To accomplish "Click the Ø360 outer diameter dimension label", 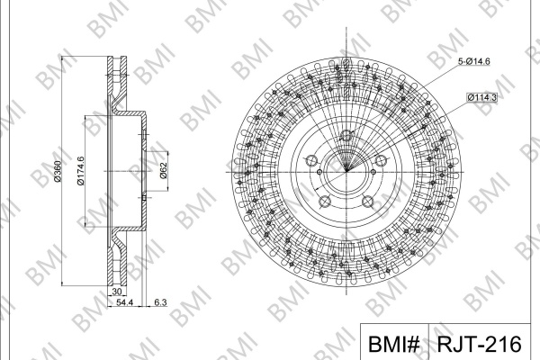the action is tap(58, 171).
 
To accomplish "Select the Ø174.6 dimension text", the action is tap(81, 171).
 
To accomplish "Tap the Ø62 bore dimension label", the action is tap(163, 170).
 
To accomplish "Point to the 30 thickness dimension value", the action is tap(117, 292).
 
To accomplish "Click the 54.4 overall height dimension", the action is tap(124, 302).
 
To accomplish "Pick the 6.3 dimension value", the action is tap(160, 302).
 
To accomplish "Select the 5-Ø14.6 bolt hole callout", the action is tap(473, 61).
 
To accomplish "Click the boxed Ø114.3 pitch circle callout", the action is tap(481, 97).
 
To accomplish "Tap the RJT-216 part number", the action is tap(480, 344).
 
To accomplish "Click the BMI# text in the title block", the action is tap(393, 344).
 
